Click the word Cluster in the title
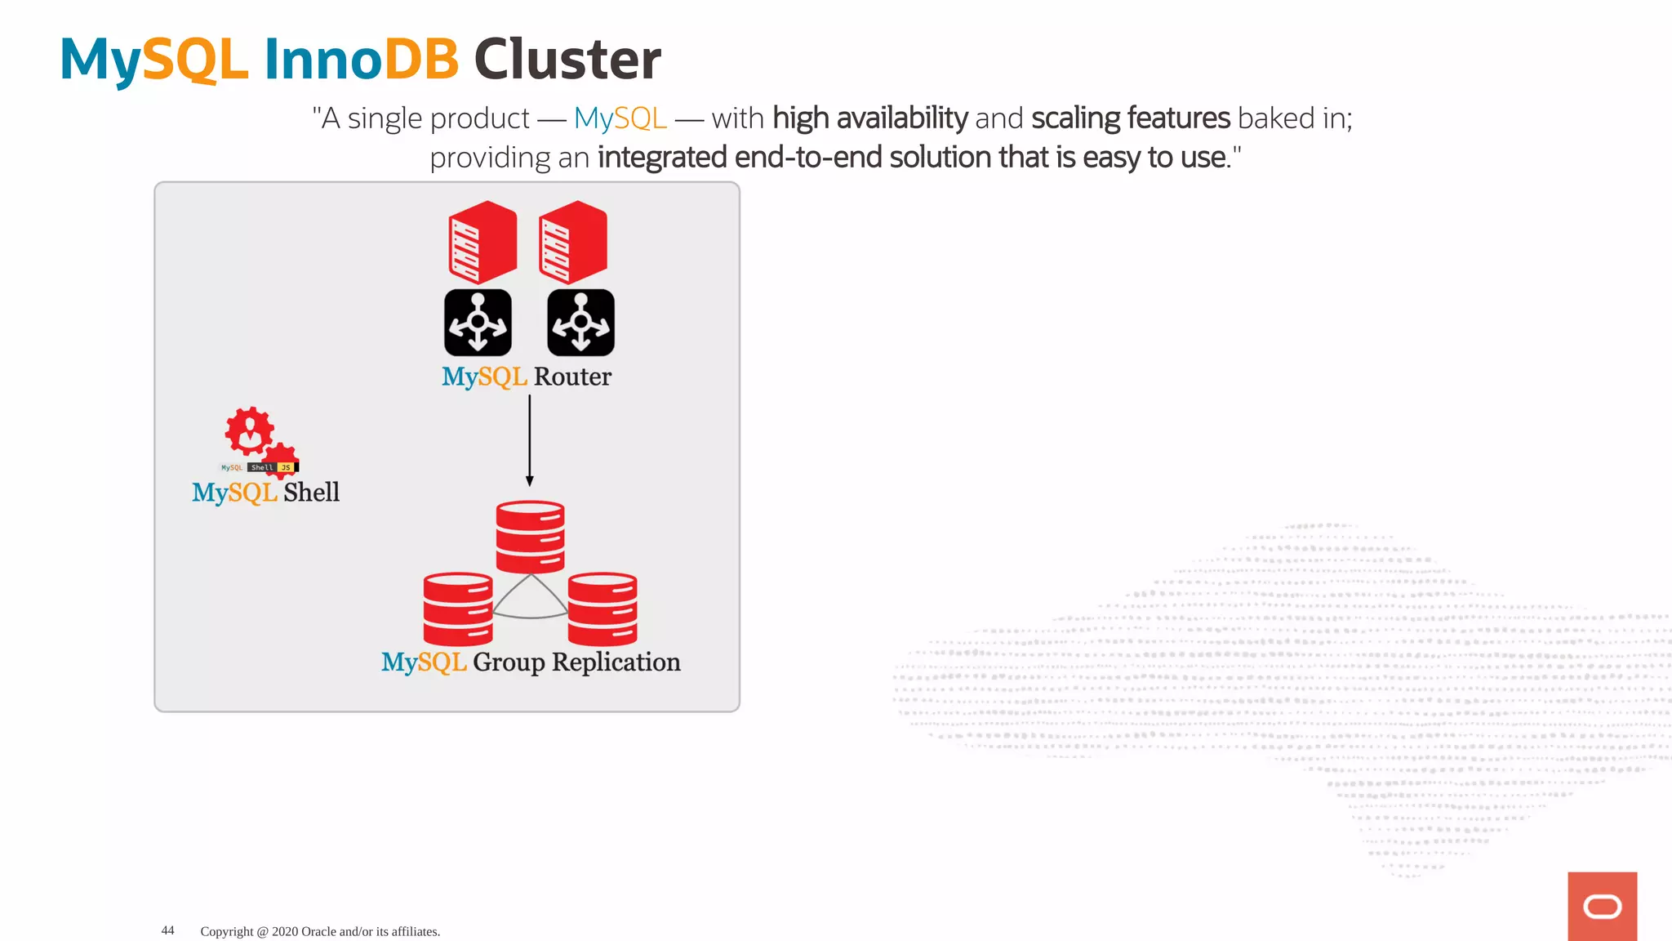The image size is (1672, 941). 567,60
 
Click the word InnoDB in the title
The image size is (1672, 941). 361,60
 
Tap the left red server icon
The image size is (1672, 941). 482,242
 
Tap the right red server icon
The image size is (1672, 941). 573,242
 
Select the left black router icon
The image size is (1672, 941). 478,323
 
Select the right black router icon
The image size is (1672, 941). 580,323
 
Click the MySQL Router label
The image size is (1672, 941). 527,377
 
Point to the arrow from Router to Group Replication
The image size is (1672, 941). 529,441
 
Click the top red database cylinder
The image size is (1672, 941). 530,536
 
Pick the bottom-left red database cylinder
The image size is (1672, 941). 457,609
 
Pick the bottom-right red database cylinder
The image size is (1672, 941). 603,609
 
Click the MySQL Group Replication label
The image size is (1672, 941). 531,662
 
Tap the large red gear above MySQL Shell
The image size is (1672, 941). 249,430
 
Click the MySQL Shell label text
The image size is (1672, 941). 265,492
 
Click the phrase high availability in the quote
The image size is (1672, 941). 869,118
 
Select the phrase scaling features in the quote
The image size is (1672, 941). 1130,118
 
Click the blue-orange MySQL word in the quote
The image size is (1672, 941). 620,118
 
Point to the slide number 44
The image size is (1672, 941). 167,930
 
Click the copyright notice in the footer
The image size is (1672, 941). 320,931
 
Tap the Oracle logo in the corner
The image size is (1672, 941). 1602,906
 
